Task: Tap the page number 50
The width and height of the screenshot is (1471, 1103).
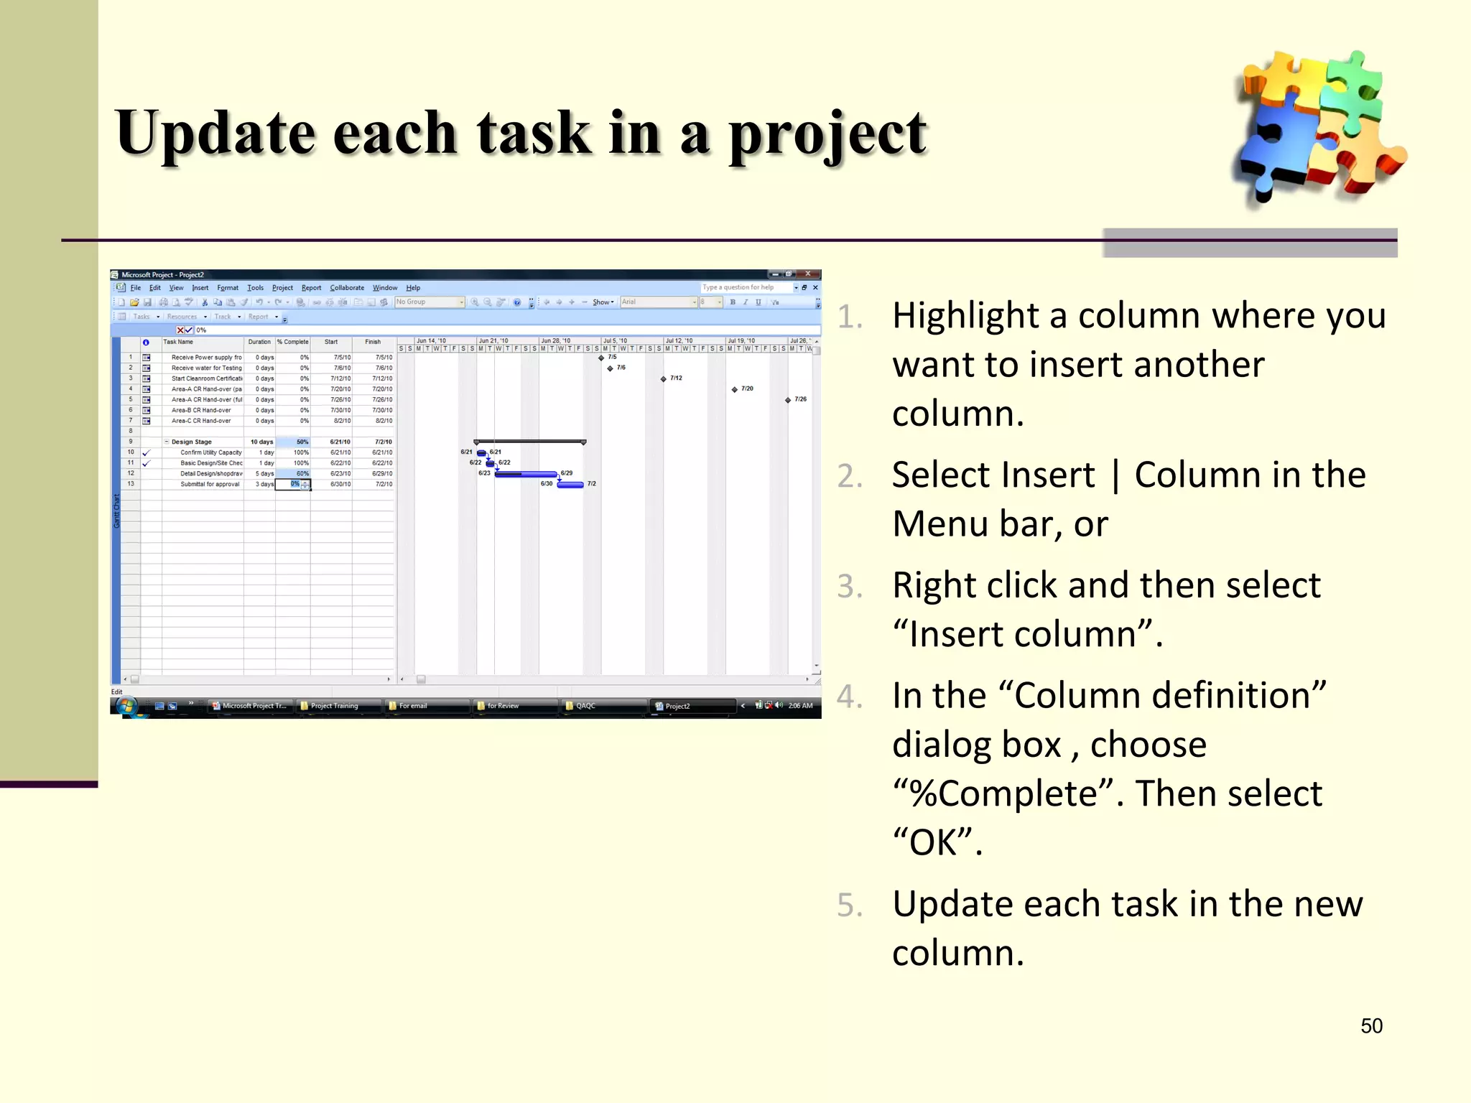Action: pyautogui.click(x=1371, y=1025)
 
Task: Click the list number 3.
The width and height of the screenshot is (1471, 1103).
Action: pyautogui.click(x=850, y=587)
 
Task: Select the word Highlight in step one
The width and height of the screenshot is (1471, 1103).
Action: pyautogui.click(x=965, y=316)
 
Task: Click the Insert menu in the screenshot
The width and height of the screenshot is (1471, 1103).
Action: pyautogui.click(x=200, y=288)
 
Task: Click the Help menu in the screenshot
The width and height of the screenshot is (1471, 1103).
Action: pyautogui.click(x=413, y=288)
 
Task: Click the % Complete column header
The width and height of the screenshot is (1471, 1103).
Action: pyautogui.click(x=293, y=343)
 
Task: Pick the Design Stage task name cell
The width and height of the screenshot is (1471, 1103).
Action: pyautogui.click(x=192, y=442)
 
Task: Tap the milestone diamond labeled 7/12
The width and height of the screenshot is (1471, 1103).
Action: pyautogui.click(x=664, y=379)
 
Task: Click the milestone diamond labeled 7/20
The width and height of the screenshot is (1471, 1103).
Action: pyautogui.click(x=735, y=389)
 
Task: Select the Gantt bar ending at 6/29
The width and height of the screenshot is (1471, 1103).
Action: pyautogui.click(x=526, y=474)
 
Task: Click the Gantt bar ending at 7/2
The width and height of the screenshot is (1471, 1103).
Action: pyautogui.click(x=570, y=485)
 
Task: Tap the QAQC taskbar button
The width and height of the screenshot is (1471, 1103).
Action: pyautogui.click(x=585, y=706)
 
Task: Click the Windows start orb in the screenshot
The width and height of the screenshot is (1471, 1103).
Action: pyautogui.click(x=126, y=707)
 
